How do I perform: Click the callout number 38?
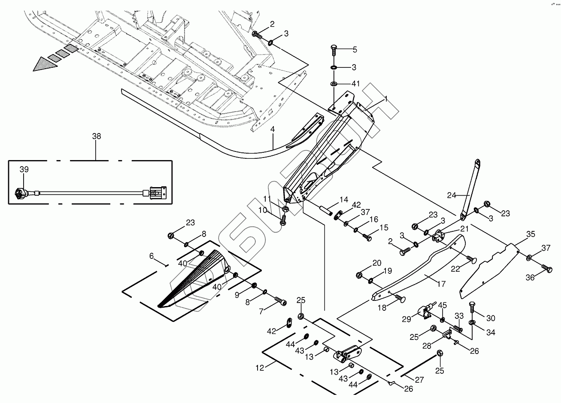[x=97, y=136]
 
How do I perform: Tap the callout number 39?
[x=24, y=170]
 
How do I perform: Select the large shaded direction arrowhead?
[x=45, y=64]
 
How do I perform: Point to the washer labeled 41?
[x=334, y=83]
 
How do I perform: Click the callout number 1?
[x=386, y=99]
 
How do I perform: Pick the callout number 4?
[x=273, y=129]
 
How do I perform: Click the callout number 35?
[x=531, y=234]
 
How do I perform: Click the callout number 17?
[x=442, y=284]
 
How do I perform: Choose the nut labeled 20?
[x=359, y=275]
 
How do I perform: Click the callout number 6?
[x=151, y=256]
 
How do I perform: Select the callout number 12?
[x=260, y=368]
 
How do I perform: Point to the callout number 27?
[x=419, y=380]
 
